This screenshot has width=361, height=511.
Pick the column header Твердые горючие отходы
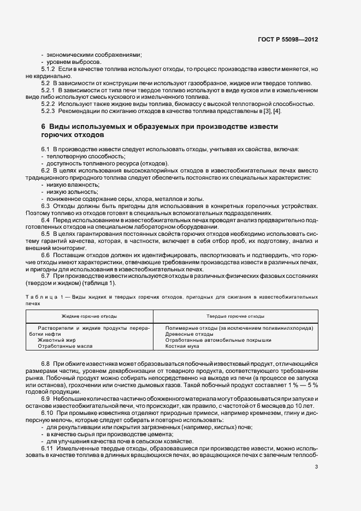(x=228, y=316)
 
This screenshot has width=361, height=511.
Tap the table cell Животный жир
(x=56, y=340)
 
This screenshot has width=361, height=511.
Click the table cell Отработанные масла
(x=66, y=346)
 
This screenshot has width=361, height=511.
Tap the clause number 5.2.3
(x=48, y=111)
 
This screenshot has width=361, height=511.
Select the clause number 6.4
(x=45, y=219)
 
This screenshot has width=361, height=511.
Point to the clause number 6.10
(x=47, y=413)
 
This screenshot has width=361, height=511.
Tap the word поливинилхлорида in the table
(x=293, y=328)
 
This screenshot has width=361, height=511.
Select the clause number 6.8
(x=45, y=363)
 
